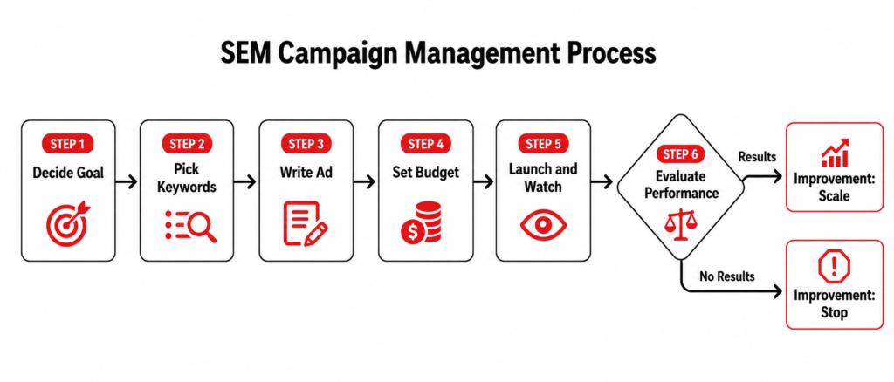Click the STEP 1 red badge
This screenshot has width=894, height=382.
(x=67, y=144)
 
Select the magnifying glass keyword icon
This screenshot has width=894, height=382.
(x=190, y=225)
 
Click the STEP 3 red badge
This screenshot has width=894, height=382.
(x=306, y=144)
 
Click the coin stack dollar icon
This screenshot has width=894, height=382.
(x=422, y=223)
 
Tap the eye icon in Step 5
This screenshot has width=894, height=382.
(x=543, y=224)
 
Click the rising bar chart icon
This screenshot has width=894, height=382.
(x=835, y=153)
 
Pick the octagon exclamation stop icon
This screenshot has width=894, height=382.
(x=834, y=268)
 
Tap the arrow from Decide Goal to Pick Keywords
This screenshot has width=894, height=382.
(x=126, y=182)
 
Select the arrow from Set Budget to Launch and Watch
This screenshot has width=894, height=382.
(x=484, y=182)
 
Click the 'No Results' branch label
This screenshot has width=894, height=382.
(x=727, y=276)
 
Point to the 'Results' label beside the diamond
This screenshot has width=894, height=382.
(x=757, y=156)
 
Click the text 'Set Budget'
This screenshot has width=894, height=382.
(x=425, y=172)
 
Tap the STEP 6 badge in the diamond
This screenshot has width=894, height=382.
(x=680, y=154)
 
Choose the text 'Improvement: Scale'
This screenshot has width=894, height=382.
(x=835, y=187)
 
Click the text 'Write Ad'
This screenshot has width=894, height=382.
(x=306, y=172)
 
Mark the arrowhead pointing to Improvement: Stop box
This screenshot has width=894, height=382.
(x=776, y=292)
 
